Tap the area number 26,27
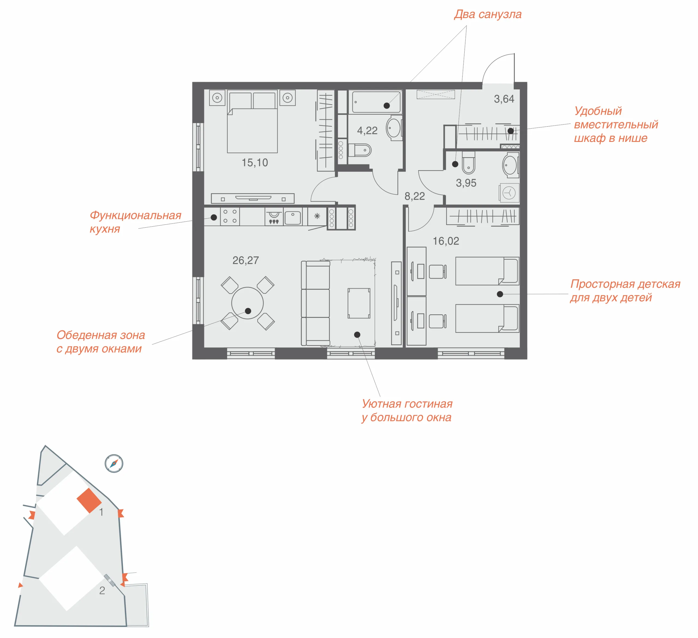point(245,260)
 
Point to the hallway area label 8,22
point(414,196)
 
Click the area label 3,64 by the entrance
point(504,99)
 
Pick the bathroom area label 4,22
point(367,131)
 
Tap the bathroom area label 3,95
point(466,183)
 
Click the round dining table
point(247,303)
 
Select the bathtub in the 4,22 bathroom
point(376,102)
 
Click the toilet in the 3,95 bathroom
point(468,163)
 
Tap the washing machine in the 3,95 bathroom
point(509,193)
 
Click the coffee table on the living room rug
point(359,303)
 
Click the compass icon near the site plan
point(114,463)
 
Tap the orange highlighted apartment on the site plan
point(89,500)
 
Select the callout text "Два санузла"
point(488,14)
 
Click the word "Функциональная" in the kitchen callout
point(136,215)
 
